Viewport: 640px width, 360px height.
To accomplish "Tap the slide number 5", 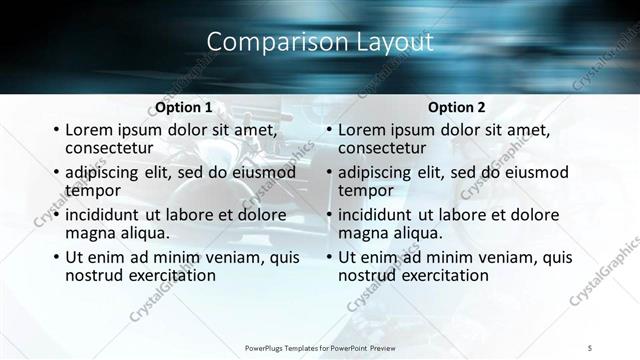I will (592, 348).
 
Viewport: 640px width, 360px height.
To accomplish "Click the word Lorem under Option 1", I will (90, 130).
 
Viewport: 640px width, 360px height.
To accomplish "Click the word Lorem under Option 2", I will (363, 130).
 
